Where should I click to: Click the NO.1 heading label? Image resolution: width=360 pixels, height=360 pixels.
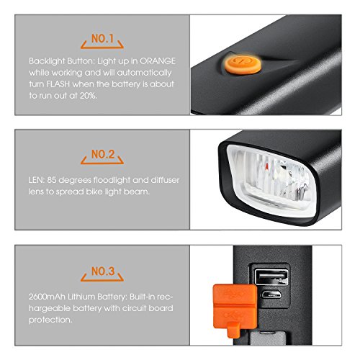[102, 39]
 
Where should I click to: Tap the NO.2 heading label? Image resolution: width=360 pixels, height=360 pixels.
[103, 154]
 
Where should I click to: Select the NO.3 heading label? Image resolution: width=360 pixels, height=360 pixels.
[103, 271]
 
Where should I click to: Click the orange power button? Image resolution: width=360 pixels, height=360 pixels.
[243, 64]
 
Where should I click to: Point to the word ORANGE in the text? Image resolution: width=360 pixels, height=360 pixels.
[158, 61]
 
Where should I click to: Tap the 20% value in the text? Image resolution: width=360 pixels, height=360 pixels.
[89, 96]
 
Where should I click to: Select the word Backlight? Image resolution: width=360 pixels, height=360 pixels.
[47, 61]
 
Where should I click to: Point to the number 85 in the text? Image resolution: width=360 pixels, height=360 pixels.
[52, 180]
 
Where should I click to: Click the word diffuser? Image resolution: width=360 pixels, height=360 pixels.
[165, 180]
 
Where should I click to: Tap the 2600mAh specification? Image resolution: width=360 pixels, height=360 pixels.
[47, 297]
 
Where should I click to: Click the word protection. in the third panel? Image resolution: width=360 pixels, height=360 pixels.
[50, 320]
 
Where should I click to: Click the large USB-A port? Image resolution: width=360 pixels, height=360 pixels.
[271, 277]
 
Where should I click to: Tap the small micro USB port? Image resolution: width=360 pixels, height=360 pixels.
[271, 294]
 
